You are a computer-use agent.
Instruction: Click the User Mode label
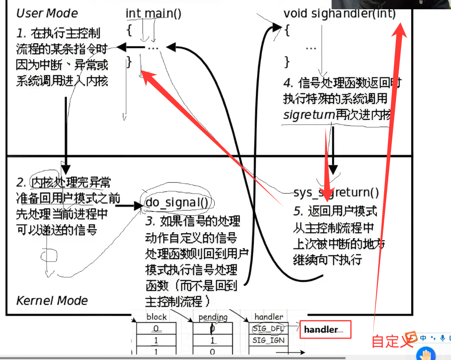pyautogui.click(x=47, y=13)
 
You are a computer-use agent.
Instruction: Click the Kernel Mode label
pyautogui.click(x=52, y=300)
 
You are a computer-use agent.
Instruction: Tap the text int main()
pyautogui.click(x=153, y=13)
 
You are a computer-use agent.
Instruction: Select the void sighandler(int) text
pyautogui.click(x=339, y=13)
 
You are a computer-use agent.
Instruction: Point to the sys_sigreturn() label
pyautogui.click(x=336, y=192)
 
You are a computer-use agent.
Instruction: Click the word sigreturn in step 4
pyautogui.click(x=309, y=115)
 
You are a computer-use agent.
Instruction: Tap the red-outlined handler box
pyautogui.click(x=325, y=329)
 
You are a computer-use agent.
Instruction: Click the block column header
pyautogui.click(x=157, y=317)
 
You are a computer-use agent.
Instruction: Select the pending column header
pyautogui.click(x=213, y=317)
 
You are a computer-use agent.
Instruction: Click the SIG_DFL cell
pyautogui.click(x=269, y=329)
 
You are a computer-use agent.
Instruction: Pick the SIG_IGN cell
pyautogui.click(x=269, y=340)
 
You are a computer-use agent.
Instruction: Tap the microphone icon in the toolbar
pyautogui.click(x=443, y=338)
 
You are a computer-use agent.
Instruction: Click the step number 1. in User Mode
pyautogui.click(x=21, y=33)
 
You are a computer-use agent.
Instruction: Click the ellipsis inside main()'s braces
pyautogui.click(x=153, y=48)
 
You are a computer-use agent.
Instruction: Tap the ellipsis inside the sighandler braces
pyautogui.click(x=310, y=48)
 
